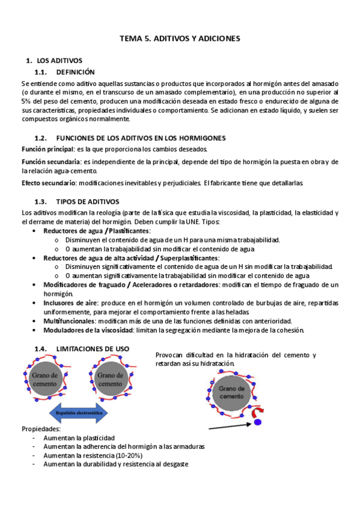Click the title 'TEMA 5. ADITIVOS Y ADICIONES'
point(180,38)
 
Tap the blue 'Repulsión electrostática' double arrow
point(78,413)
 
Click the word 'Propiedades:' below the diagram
point(41,429)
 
